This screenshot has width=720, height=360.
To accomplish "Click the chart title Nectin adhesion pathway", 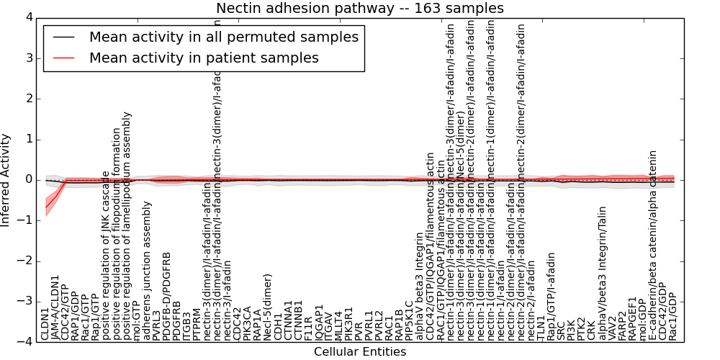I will (x=359, y=8).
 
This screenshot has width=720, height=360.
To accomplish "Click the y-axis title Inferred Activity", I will (x=6, y=179).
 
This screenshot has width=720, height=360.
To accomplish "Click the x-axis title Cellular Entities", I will (x=359, y=352).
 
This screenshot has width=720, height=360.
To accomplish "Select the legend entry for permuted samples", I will (x=223, y=37).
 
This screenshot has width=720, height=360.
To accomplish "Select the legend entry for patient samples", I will (x=203, y=58).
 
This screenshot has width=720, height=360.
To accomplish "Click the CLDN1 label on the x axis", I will (x=45, y=324).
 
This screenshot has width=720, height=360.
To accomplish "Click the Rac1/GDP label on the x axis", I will (x=672, y=316).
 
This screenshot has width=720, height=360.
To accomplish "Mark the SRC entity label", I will (x=561, y=328).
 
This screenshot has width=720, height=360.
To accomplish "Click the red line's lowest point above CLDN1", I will (x=46, y=208).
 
